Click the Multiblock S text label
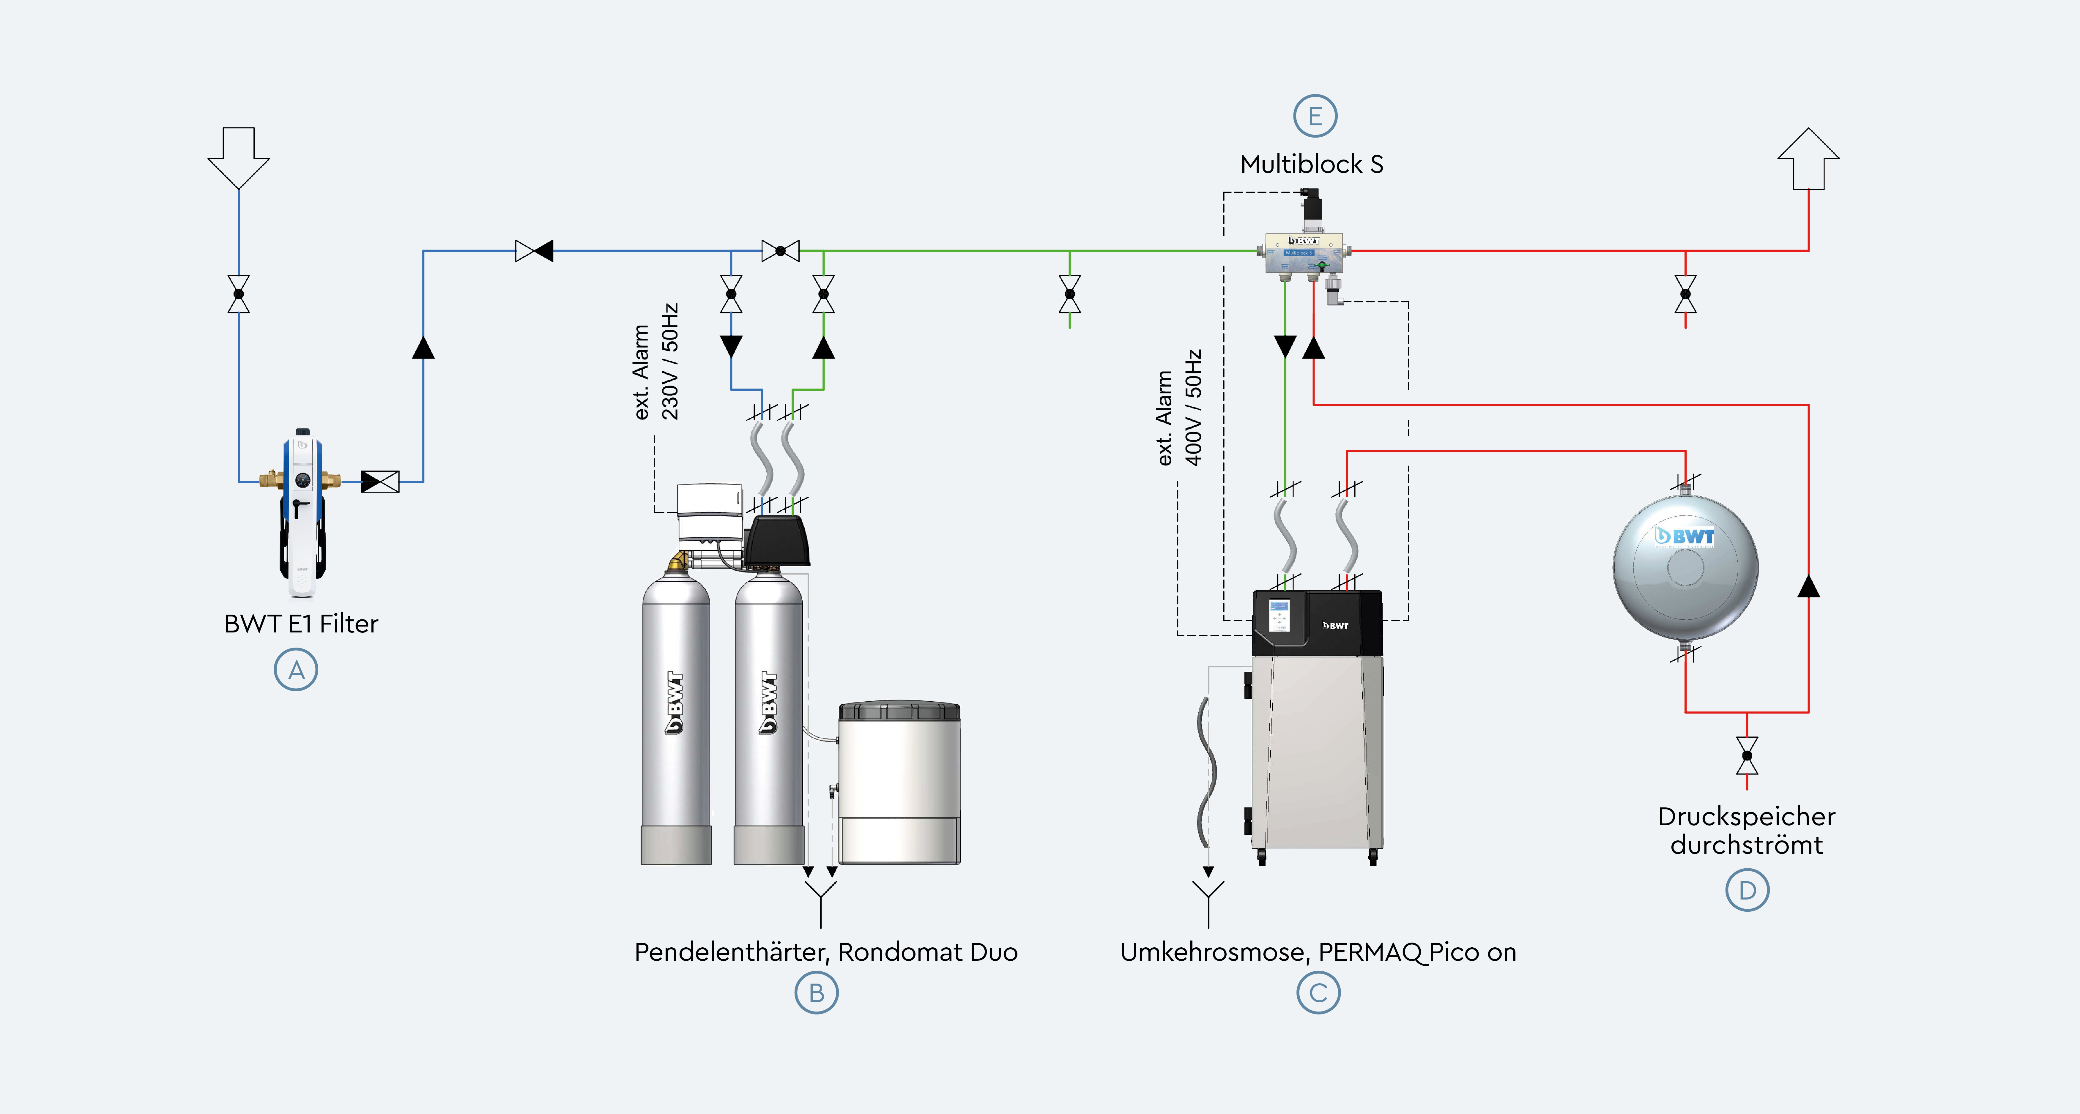[x=1311, y=165]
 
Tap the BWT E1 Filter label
[x=300, y=624]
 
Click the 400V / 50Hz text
[x=1193, y=408]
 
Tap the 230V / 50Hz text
[x=670, y=362]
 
